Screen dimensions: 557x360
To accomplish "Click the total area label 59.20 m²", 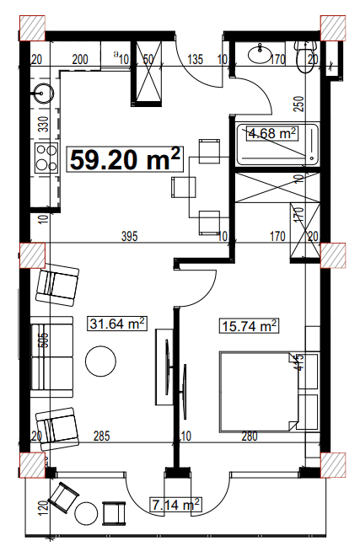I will tap(125, 158).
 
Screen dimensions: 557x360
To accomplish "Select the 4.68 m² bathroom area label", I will tap(270, 132).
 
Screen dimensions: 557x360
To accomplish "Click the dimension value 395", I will tap(128, 237).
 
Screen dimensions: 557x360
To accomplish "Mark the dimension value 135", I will tap(196, 59).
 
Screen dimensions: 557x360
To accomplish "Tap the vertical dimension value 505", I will tap(42, 342).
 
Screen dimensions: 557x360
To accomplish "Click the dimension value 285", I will tap(101, 436).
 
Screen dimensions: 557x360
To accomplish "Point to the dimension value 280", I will tap(249, 436).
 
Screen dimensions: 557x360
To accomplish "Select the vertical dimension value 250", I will tap(298, 104).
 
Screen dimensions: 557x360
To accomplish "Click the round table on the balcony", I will tap(87, 515).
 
